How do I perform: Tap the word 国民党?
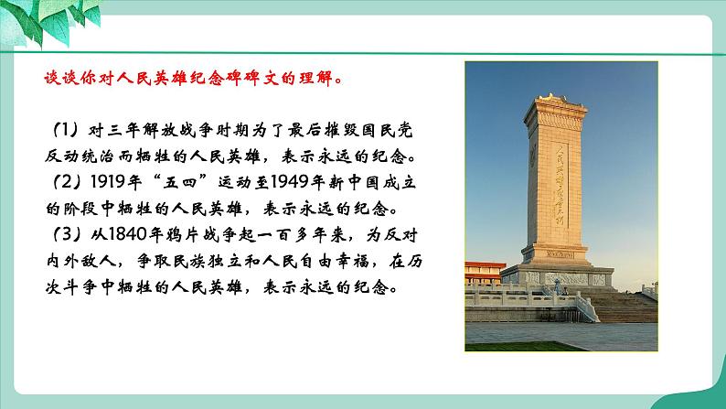[x=401, y=126]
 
